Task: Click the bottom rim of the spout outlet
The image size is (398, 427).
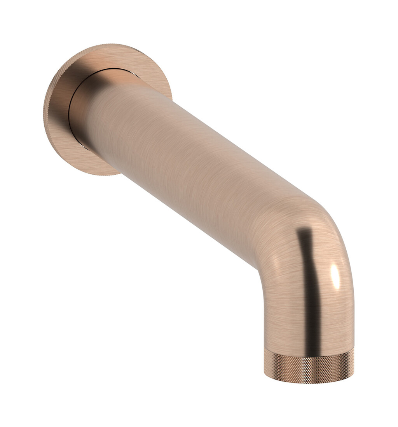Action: [x=309, y=382]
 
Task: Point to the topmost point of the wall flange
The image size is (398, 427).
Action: [x=113, y=44]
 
